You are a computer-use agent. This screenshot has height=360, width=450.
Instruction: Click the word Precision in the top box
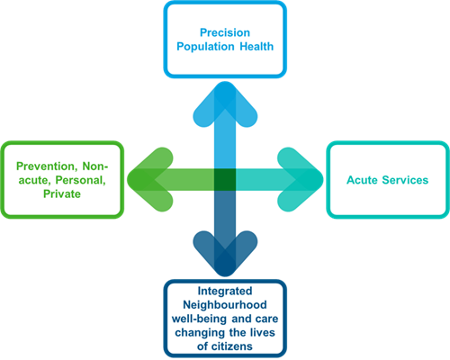click(225, 32)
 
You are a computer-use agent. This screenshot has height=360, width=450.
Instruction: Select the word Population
click(205, 47)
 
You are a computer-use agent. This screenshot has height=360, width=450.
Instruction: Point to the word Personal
click(81, 180)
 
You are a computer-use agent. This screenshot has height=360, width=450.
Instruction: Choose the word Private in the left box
click(62, 193)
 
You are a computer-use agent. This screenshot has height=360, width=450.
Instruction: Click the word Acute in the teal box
click(362, 180)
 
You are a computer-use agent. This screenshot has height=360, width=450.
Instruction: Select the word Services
click(405, 180)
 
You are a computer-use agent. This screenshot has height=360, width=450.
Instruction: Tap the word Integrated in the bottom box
click(225, 291)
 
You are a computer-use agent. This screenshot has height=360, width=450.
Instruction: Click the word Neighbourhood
click(225, 305)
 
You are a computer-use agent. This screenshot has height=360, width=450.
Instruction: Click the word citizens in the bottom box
click(232, 346)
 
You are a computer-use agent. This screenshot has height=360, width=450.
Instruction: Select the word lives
click(262, 332)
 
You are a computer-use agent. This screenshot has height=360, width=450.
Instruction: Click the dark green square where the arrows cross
click(225, 180)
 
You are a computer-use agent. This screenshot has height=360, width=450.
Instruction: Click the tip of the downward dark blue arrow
click(225, 275)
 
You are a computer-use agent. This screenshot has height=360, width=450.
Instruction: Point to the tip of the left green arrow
click(129, 180)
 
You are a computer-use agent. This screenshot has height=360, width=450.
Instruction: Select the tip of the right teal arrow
click(322, 180)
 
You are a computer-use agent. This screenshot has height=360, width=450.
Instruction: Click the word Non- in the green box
click(95, 166)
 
